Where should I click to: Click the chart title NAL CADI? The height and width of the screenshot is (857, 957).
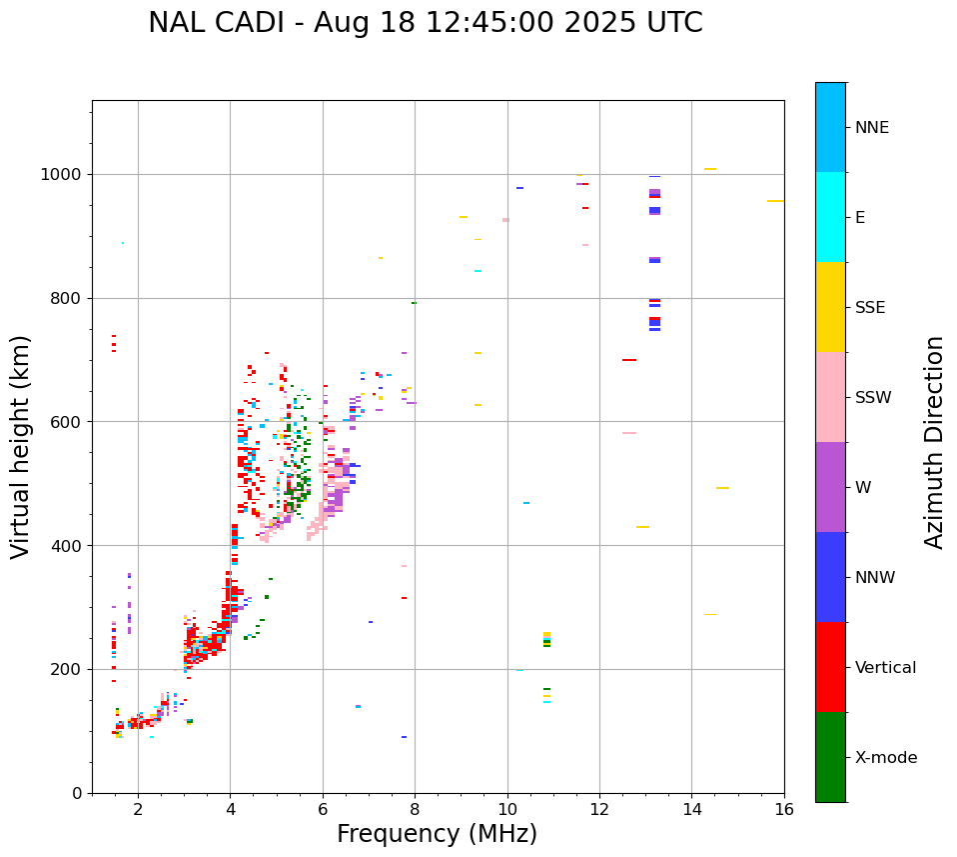click(x=425, y=23)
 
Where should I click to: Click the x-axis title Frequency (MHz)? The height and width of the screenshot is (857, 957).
click(x=437, y=834)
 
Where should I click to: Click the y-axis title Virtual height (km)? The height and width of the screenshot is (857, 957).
click(x=21, y=447)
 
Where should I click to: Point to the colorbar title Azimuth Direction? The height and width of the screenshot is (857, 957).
click(x=934, y=442)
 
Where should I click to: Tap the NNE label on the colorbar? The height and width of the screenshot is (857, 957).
click(x=871, y=128)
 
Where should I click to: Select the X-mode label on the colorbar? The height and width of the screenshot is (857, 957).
click(x=885, y=758)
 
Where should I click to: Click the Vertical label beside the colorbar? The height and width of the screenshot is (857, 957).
click(x=885, y=668)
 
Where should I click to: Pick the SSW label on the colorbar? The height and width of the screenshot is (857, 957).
click(x=873, y=398)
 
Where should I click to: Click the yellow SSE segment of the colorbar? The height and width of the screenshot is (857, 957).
click(x=830, y=307)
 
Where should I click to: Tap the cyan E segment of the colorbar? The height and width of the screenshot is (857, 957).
click(x=830, y=217)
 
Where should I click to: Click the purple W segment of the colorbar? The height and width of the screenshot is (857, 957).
click(x=830, y=487)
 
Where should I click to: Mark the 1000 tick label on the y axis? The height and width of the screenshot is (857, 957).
click(x=62, y=175)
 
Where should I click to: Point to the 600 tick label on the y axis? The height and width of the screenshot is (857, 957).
click(x=67, y=422)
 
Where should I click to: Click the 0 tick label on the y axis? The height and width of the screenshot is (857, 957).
click(x=77, y=793)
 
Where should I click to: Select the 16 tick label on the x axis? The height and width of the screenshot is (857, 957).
click(x=784, y=809)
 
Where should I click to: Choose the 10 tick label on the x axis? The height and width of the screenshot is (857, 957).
click(x=507, y=809)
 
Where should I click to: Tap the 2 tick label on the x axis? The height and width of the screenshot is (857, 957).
click(x=138, y=809)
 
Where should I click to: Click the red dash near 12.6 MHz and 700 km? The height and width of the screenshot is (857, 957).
click(x=629, y=360)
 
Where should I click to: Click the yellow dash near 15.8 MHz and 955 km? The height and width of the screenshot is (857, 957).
click(x=775, y=201)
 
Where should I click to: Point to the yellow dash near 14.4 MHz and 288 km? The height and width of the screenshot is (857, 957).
click(x=710, y=615)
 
